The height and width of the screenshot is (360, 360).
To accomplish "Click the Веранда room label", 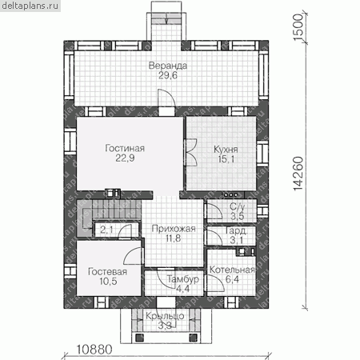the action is click(168, 66).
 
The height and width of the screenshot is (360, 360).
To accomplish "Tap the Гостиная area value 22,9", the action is click(125, 158).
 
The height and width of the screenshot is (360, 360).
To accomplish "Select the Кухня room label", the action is click(226, 150).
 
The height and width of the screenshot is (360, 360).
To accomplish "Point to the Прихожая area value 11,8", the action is click(174, 238).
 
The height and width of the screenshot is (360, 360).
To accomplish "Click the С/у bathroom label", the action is click(237, 206).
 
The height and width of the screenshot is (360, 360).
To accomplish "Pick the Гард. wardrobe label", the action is click(236, 230).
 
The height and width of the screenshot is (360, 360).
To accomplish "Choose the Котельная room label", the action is click(232, 270).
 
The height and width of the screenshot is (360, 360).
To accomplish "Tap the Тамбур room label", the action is click(183, 279).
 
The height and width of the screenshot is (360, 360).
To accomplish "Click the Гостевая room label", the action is click(107, 272).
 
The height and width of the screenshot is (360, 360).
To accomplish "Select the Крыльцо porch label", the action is click(165, 316).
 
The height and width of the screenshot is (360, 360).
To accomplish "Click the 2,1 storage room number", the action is click(106, 230).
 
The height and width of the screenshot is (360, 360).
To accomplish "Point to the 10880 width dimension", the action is click(94, 350).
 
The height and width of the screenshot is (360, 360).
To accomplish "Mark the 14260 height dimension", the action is click(298, 174).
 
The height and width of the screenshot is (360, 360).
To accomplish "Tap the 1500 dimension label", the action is click(298, 27).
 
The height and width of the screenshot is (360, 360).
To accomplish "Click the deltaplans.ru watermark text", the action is click(30, 6).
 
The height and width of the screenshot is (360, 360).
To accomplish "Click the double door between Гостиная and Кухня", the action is click(190, 153).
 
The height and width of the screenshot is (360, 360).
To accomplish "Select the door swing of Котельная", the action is click(215, 283).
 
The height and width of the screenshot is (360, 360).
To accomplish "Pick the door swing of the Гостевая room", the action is click(133, 255).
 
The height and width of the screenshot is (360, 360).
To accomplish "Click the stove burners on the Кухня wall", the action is click(230, 195).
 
